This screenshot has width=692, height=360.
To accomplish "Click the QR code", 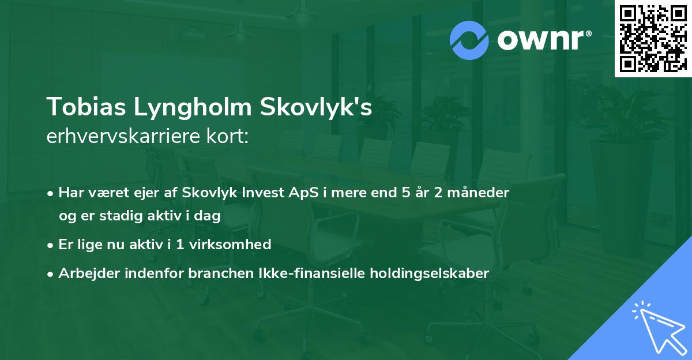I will [x=653, y=39].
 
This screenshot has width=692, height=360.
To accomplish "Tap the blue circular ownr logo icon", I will [x=469, y=40].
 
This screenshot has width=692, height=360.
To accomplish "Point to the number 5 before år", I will [x=406, y=193].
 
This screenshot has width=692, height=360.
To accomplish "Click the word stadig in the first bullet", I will [x=119, y=215].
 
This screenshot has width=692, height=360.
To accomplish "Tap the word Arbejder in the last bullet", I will [x=85, y=273].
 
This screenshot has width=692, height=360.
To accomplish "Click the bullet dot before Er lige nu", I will [x=51, y=245].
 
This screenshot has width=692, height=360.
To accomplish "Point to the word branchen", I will [x=214, y=273].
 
